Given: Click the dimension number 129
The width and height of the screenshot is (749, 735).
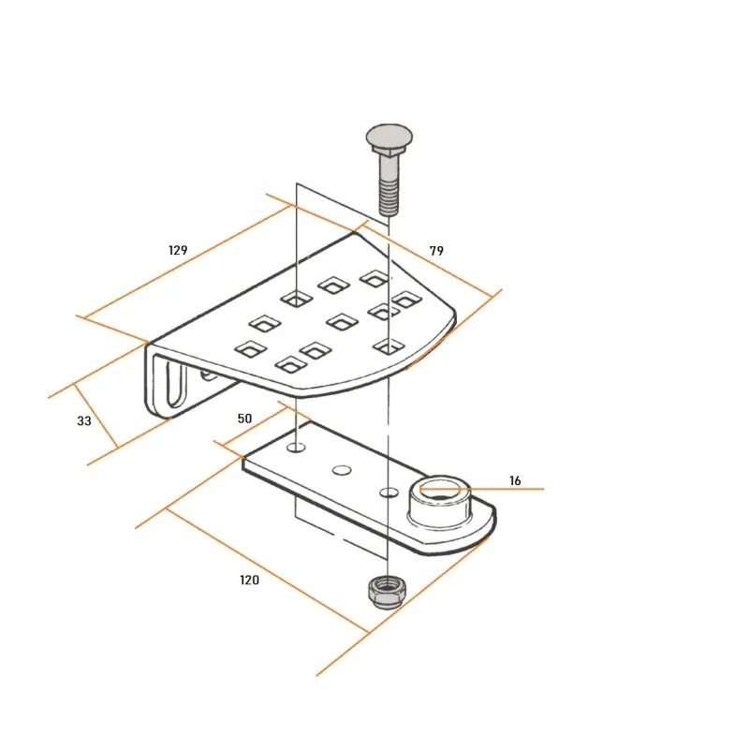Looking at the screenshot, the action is tap(178, 250).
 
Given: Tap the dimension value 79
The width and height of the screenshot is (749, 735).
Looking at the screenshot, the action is tap(436, 251).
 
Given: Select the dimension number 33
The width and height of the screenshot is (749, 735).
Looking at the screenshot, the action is tap(84, 420).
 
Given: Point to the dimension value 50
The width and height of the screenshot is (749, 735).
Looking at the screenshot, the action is tap(244, 419).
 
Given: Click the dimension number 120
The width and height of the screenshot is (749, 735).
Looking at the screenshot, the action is tap(249, 580).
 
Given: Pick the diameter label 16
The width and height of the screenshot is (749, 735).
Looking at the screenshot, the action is tap(515, 480).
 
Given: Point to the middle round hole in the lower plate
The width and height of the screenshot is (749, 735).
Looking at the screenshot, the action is tap(342, 470).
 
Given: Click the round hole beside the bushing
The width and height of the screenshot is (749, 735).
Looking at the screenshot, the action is tap(389, 492).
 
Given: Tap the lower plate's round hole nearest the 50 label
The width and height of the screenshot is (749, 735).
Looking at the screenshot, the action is tap(296, 448).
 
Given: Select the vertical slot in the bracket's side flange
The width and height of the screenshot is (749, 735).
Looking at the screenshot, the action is tap(175, 385).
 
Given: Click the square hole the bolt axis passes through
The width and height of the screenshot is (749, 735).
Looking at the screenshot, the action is tap(389, 347).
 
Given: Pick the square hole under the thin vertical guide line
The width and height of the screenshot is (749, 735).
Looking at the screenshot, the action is tap(296, 300).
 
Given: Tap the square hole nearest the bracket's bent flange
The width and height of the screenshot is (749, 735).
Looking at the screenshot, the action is tap(251, 349).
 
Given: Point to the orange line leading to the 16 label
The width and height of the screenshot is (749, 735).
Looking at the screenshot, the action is tap(482, 489).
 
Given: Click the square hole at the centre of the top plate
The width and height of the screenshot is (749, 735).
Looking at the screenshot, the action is tap(342, 321).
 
